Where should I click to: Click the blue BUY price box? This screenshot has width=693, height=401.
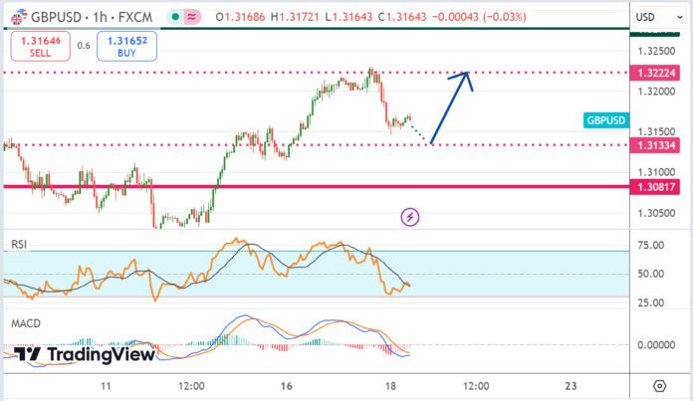(126, 48)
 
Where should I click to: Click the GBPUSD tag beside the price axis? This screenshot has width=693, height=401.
(606, 120)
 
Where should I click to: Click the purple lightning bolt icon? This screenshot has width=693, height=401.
(409, 216)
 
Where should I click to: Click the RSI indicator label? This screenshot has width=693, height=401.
(19, 244)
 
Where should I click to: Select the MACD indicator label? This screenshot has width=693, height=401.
(25, 323)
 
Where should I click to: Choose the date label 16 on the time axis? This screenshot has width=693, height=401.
(286, 385)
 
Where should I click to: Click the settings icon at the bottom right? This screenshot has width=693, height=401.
(659, 385)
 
